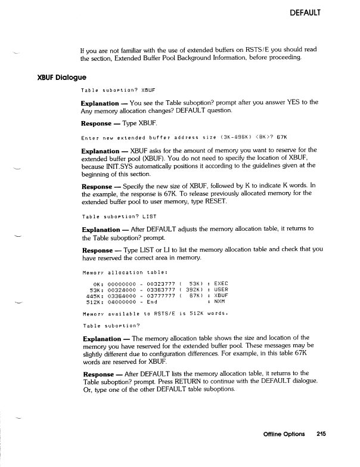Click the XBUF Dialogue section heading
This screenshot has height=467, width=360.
click(61, 78)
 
